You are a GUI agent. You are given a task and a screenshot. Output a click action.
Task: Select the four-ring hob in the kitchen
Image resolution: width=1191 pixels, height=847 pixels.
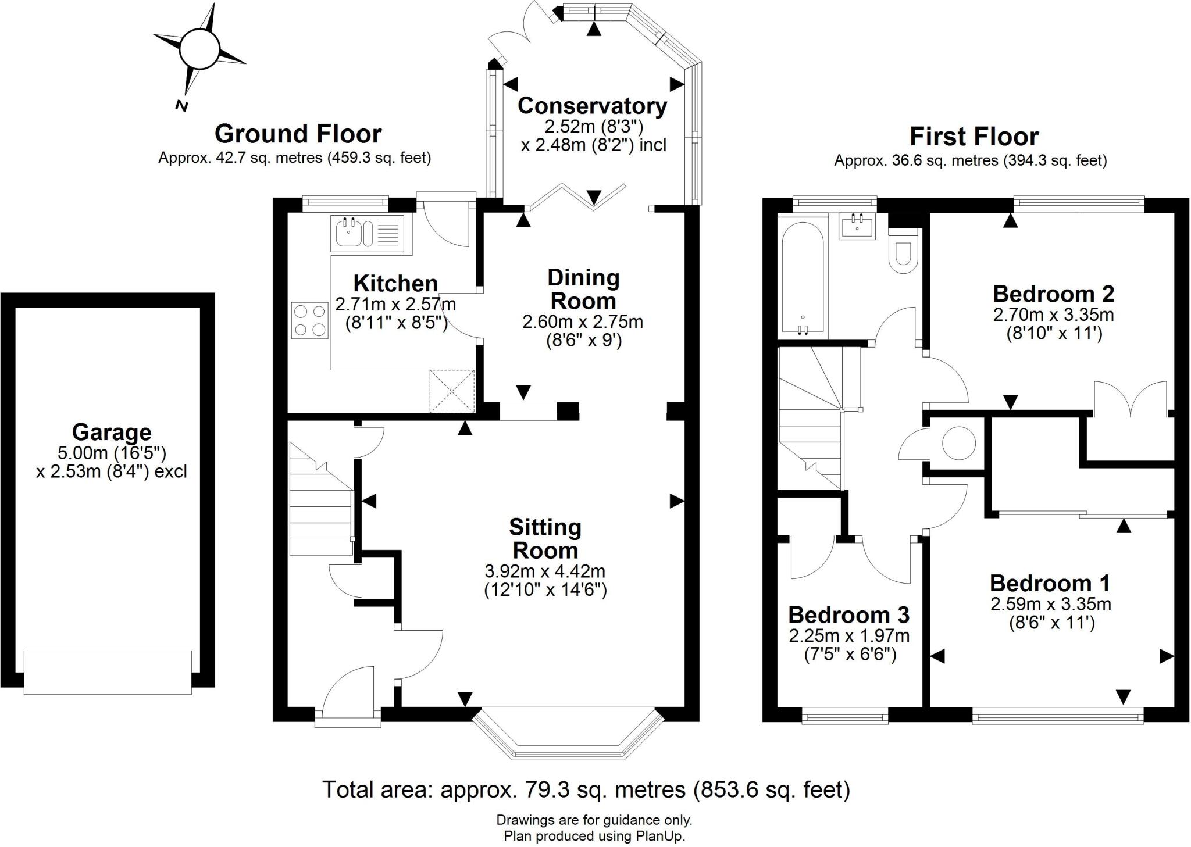309,320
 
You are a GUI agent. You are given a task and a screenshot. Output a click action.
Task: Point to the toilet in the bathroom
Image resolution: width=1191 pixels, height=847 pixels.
903,250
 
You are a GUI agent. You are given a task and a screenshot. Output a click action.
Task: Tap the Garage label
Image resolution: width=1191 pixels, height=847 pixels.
112,433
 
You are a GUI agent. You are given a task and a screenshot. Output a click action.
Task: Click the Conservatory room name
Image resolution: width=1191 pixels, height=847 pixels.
592,106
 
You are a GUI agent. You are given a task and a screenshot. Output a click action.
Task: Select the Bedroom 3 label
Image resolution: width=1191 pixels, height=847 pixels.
848,614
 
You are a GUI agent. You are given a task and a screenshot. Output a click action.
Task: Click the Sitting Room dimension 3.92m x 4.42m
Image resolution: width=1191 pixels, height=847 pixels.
545,571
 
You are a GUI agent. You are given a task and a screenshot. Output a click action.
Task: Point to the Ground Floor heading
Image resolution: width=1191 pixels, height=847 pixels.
298,134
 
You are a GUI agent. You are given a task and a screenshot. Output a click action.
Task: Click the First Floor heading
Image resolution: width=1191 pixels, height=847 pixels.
974,137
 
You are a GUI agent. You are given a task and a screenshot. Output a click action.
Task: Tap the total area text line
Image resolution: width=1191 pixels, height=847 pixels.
586,789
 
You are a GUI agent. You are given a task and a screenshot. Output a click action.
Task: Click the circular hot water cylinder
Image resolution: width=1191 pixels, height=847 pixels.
958,444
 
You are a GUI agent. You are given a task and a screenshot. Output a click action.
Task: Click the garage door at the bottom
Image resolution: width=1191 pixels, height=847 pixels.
108,672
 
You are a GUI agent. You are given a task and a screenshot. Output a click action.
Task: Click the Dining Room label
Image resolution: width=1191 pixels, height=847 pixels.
583,290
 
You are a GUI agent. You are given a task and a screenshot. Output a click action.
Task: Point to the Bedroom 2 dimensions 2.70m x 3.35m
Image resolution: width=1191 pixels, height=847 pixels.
1053,315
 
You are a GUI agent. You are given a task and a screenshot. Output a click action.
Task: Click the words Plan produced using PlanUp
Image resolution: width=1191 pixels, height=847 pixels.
594,837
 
